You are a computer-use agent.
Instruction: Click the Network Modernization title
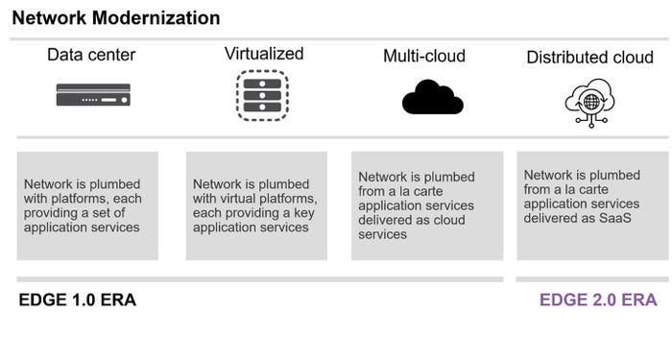pos(116,18)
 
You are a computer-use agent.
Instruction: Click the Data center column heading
pos(92,55)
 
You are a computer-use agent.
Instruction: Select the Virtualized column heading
pos(263,53)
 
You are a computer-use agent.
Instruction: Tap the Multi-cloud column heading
pos(423,57)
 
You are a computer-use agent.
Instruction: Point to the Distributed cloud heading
pos(589,58)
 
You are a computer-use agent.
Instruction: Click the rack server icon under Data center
pos(93,95)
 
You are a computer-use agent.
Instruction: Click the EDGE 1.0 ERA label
pos(78,300)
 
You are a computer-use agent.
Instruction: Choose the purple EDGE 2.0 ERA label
pos(597,300)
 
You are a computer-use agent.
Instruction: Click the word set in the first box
pos(118,213)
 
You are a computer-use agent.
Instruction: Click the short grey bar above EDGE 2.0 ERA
pos(587,279)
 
